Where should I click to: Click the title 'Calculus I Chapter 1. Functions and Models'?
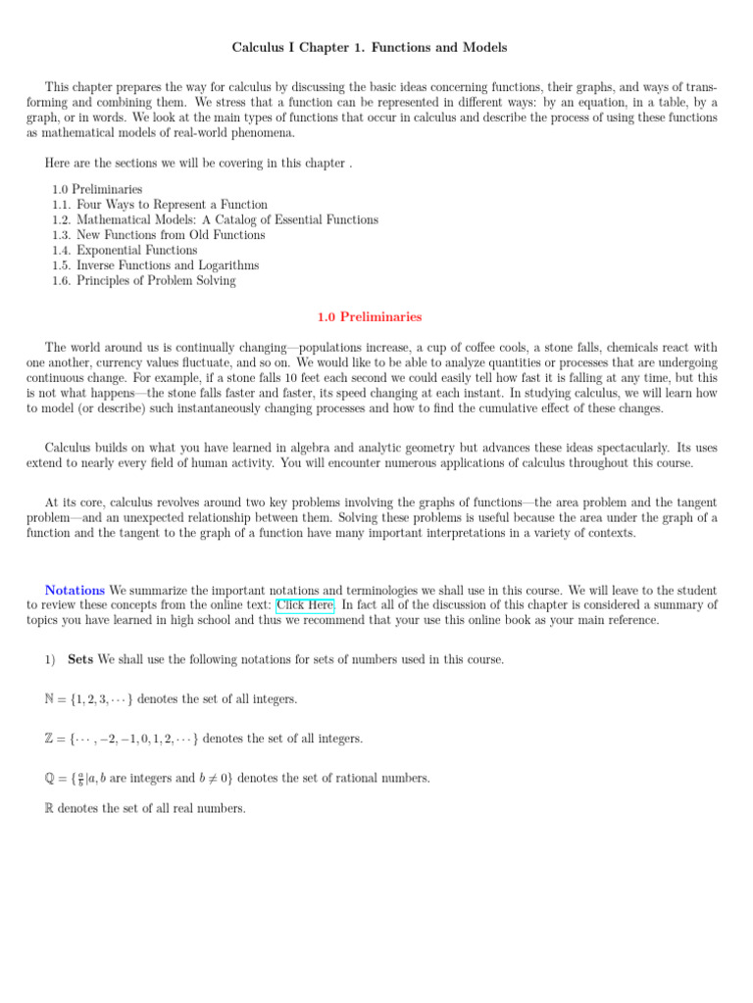click(370, 47)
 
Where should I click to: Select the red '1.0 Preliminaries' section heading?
click(370, 317)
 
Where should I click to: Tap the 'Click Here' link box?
click(305, 605)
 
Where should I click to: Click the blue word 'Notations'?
click(75, 591)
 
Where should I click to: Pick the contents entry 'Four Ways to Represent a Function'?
click(172, 205)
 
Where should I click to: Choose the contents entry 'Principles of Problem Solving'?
click(157, 281)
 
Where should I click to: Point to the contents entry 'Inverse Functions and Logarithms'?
click(168, 265)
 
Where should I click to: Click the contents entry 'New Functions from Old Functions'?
click(171, 235)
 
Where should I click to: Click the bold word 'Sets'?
click(79, 660)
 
